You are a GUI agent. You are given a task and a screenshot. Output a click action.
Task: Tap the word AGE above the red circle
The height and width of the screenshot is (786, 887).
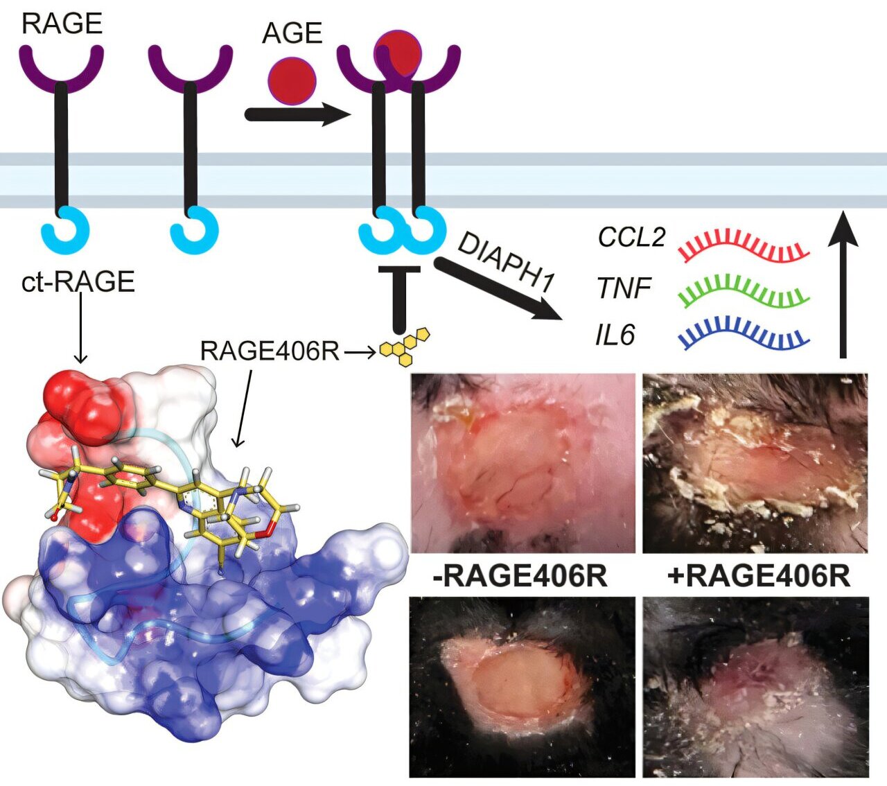tap(292, 33)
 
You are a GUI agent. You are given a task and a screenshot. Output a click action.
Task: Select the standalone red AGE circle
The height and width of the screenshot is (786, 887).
tap(292, 80)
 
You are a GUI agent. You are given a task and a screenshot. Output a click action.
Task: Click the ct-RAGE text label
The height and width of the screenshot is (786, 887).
tap(78, 282)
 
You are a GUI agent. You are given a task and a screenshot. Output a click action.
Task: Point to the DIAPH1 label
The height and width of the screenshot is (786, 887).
tap(507, 262)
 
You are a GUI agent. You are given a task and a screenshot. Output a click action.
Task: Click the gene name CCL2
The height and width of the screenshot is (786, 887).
tap(631, 238)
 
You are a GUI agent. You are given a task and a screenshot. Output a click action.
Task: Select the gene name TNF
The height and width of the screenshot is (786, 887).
tap(624, 287)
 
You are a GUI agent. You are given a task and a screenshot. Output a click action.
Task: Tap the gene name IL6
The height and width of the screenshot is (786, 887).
tap(615, 335)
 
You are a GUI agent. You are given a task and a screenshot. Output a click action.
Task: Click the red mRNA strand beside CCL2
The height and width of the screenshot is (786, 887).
tap(744, 247)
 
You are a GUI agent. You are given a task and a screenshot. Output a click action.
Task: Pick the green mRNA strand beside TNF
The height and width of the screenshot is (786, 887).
tap(744, 291)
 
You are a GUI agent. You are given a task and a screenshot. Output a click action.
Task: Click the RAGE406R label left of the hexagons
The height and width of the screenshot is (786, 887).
tap(270, 351)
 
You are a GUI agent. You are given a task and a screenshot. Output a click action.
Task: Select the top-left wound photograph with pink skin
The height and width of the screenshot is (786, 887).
tap(523, 462)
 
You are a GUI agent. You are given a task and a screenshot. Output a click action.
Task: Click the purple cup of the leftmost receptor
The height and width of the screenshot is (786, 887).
tap(61, 66)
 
